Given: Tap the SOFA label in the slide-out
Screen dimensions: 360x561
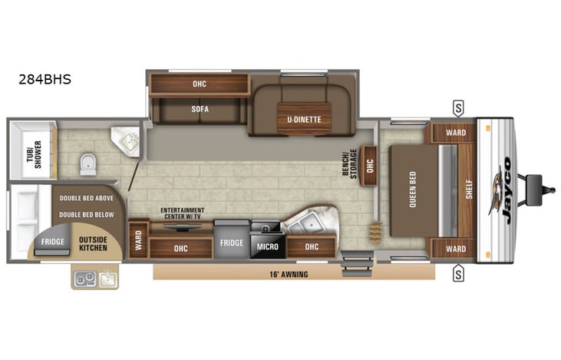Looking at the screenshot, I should (x=200, y=109).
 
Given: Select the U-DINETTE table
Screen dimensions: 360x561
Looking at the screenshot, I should (x=304, y=117).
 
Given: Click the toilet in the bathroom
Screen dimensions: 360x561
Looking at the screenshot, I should (x=87, y=163).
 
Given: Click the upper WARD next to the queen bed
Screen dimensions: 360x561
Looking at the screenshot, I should (x=455, y=133).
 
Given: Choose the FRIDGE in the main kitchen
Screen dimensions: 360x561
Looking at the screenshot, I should (x=231, y=243).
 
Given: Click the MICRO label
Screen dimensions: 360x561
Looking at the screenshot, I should (x=267, y=246).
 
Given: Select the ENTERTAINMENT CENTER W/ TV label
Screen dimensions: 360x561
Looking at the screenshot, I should (x=182, y=213).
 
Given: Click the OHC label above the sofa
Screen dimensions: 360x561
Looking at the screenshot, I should (x=199, y=84).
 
